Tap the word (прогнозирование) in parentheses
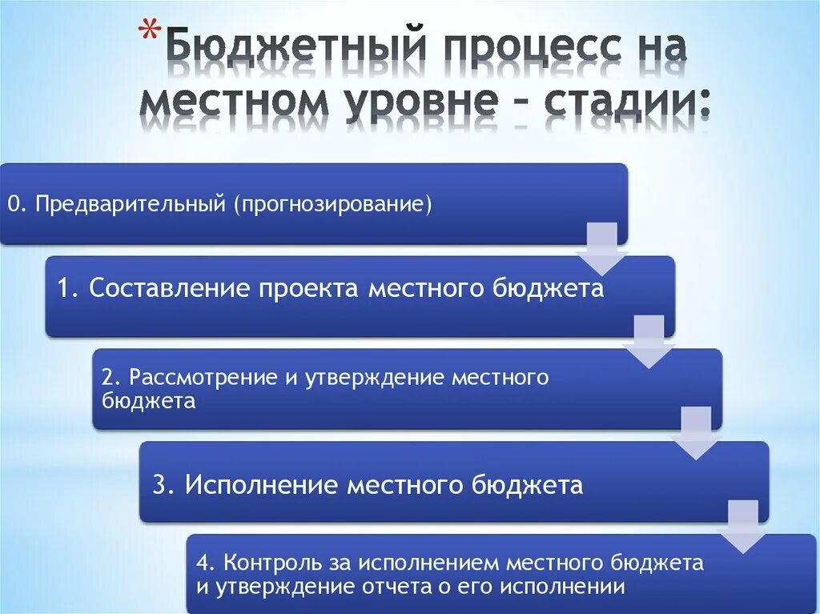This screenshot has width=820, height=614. [332, 204]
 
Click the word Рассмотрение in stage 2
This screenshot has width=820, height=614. [203, 378]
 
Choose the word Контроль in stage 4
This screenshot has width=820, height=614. [267, 563]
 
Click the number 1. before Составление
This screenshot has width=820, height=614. [67, 288]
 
